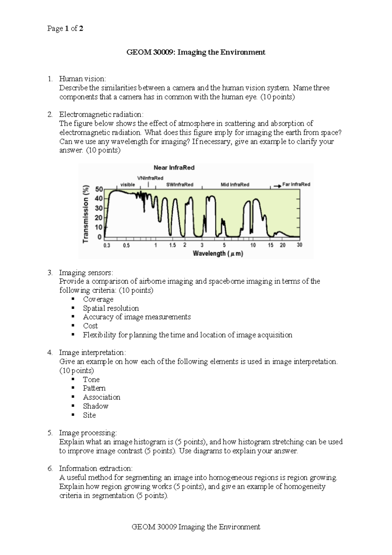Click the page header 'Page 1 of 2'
65,28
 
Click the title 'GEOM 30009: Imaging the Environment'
196,52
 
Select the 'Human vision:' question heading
82,79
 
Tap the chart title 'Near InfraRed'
174,168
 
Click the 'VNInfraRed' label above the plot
150,178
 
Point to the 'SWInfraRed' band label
180,185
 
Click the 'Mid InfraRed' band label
235,185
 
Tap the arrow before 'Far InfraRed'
277,186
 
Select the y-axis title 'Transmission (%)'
86,214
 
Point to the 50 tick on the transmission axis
99,189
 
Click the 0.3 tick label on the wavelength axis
107,245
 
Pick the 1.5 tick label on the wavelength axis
172,245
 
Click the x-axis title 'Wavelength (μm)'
218,253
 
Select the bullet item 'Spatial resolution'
111,308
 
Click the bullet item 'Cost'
90,326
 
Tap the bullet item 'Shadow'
95,406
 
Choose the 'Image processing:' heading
88,433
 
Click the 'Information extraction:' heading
95,468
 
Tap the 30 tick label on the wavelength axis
299,245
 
